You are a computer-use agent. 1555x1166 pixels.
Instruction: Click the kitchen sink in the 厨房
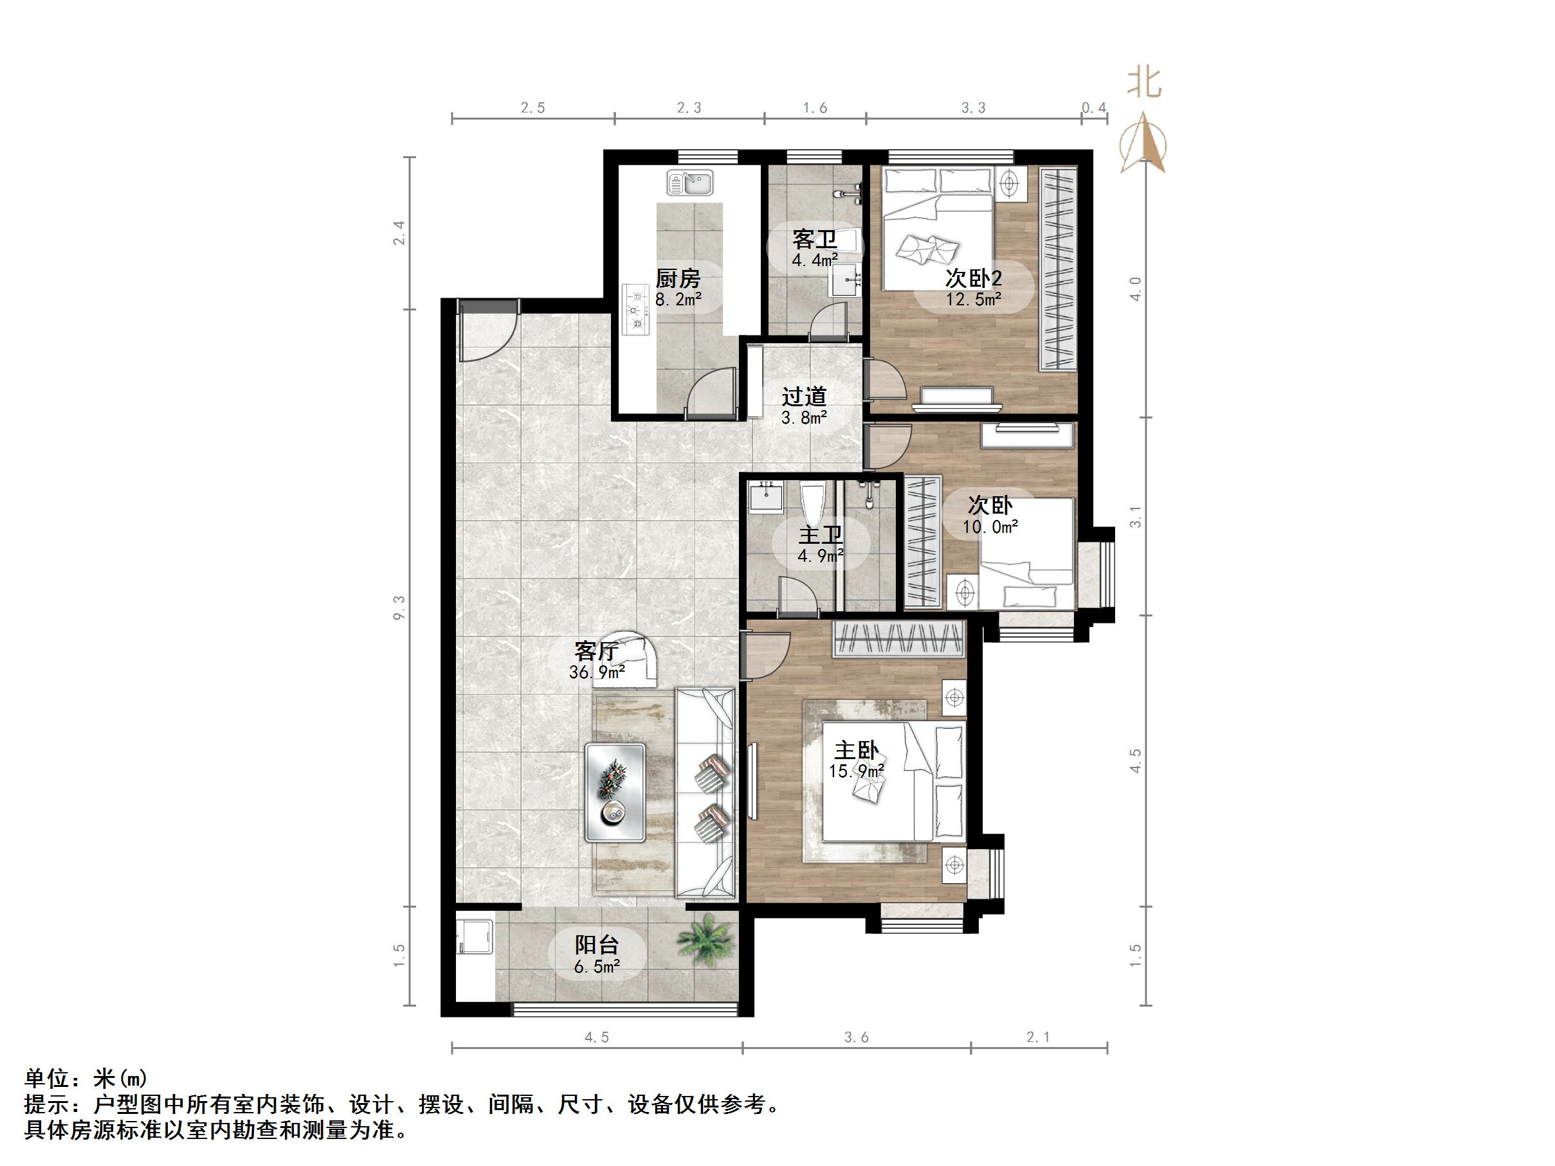(689, 183)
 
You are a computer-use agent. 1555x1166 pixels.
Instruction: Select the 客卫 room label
(815, 239)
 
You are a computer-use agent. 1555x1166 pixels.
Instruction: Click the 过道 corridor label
(805, 397)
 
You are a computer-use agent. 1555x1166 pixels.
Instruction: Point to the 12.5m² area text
(973, 299)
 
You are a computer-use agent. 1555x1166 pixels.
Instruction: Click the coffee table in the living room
(615, 792)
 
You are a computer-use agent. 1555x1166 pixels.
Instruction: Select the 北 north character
(1144, 82)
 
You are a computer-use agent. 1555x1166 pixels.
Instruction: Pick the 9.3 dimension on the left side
(399, 607)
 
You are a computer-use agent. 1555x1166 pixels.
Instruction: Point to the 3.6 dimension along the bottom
(856, 1037)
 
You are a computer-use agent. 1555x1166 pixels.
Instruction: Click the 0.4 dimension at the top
(1094, 107)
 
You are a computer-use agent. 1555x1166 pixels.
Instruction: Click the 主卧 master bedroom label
(856, 751)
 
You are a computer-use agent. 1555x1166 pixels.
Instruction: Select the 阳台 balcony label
(597, 946)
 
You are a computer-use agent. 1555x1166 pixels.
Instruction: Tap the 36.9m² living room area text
(597, 672)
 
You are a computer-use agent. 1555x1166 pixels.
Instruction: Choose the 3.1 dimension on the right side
(1135, 517)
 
